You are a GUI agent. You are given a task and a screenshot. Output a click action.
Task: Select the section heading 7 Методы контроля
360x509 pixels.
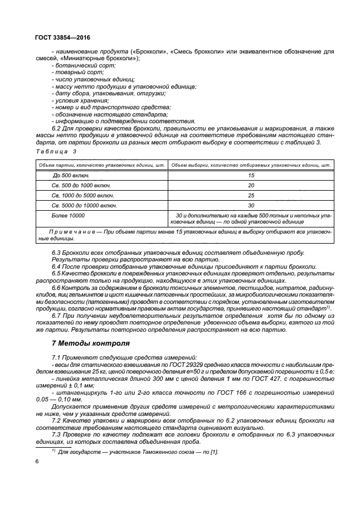[90, 343]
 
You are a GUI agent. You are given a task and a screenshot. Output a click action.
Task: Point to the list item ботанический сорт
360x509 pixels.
[79, 66]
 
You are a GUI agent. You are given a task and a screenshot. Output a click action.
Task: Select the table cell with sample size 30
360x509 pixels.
[251, 205]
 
